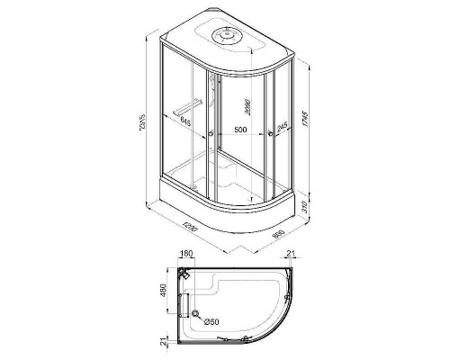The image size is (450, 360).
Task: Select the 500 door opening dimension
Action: point(240,130)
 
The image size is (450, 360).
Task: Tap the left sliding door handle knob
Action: point(210,136)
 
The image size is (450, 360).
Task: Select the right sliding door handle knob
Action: point(270,136)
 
